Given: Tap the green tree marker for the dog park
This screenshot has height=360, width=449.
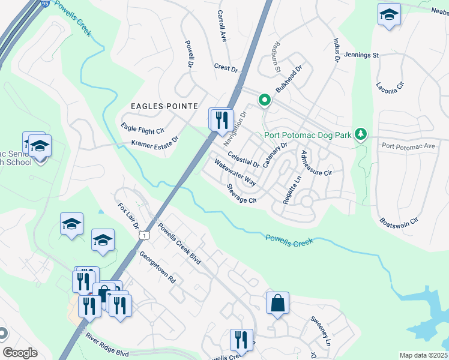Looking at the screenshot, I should click(x=360, y=134).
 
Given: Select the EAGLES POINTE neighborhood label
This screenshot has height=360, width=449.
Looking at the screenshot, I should click(x=164, y=106).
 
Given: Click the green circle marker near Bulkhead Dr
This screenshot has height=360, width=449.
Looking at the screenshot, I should click(x=264, y=100).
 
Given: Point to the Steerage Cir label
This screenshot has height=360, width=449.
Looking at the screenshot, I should click(x=242, y=193).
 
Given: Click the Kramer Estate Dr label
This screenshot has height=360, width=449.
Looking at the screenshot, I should click(x=155, y=142).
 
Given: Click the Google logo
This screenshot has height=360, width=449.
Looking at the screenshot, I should click(x=20, y=353).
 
